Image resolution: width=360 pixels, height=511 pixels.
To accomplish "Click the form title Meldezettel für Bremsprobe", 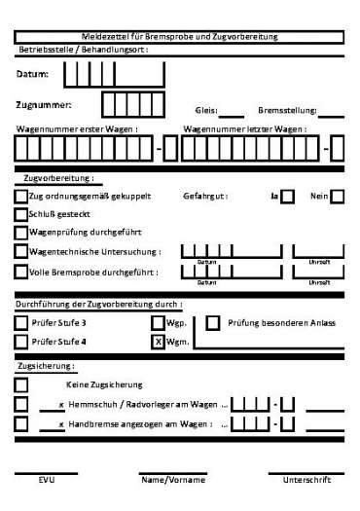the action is click(x=180, y=36).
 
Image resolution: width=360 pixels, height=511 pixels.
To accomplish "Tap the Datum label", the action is click(x=32, y=74).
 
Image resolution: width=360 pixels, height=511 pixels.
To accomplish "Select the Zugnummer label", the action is click(x=44, y=103).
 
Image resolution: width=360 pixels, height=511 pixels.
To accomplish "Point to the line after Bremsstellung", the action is click(x=331, y=115).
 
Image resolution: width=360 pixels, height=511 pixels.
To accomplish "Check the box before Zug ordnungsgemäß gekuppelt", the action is click(x=21, y=197).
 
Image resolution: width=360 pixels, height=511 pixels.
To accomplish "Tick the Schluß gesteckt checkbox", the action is click(x=21, y=214).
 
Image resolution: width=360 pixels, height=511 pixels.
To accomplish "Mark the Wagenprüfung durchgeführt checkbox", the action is click(x=21, y=233).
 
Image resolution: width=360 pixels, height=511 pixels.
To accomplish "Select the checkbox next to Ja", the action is click(x=288, y=197).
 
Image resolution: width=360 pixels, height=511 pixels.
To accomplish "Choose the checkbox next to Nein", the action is click(x=338, y=197).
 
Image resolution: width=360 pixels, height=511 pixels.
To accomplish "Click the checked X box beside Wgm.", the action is click(x=158, y=342).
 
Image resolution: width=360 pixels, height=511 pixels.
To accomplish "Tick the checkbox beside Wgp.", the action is click(x=158, y=322).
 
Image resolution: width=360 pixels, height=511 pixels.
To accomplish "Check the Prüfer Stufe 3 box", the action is click(x=21, y=322).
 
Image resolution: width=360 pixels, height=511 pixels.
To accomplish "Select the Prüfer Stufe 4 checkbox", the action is click(x=21, y=342).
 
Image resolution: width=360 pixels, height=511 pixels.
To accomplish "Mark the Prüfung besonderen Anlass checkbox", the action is click(x=213, y=322).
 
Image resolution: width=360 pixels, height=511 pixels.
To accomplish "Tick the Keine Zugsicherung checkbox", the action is click(x=21, y=385).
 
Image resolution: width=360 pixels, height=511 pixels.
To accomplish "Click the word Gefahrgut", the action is click(x=204, y=197).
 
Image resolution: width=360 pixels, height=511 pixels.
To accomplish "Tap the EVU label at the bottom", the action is click(x=47, y=481).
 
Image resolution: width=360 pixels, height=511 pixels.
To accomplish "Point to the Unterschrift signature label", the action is click(x=306, y=481).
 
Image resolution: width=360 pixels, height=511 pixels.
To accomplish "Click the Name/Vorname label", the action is click(x=173, y=481).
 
